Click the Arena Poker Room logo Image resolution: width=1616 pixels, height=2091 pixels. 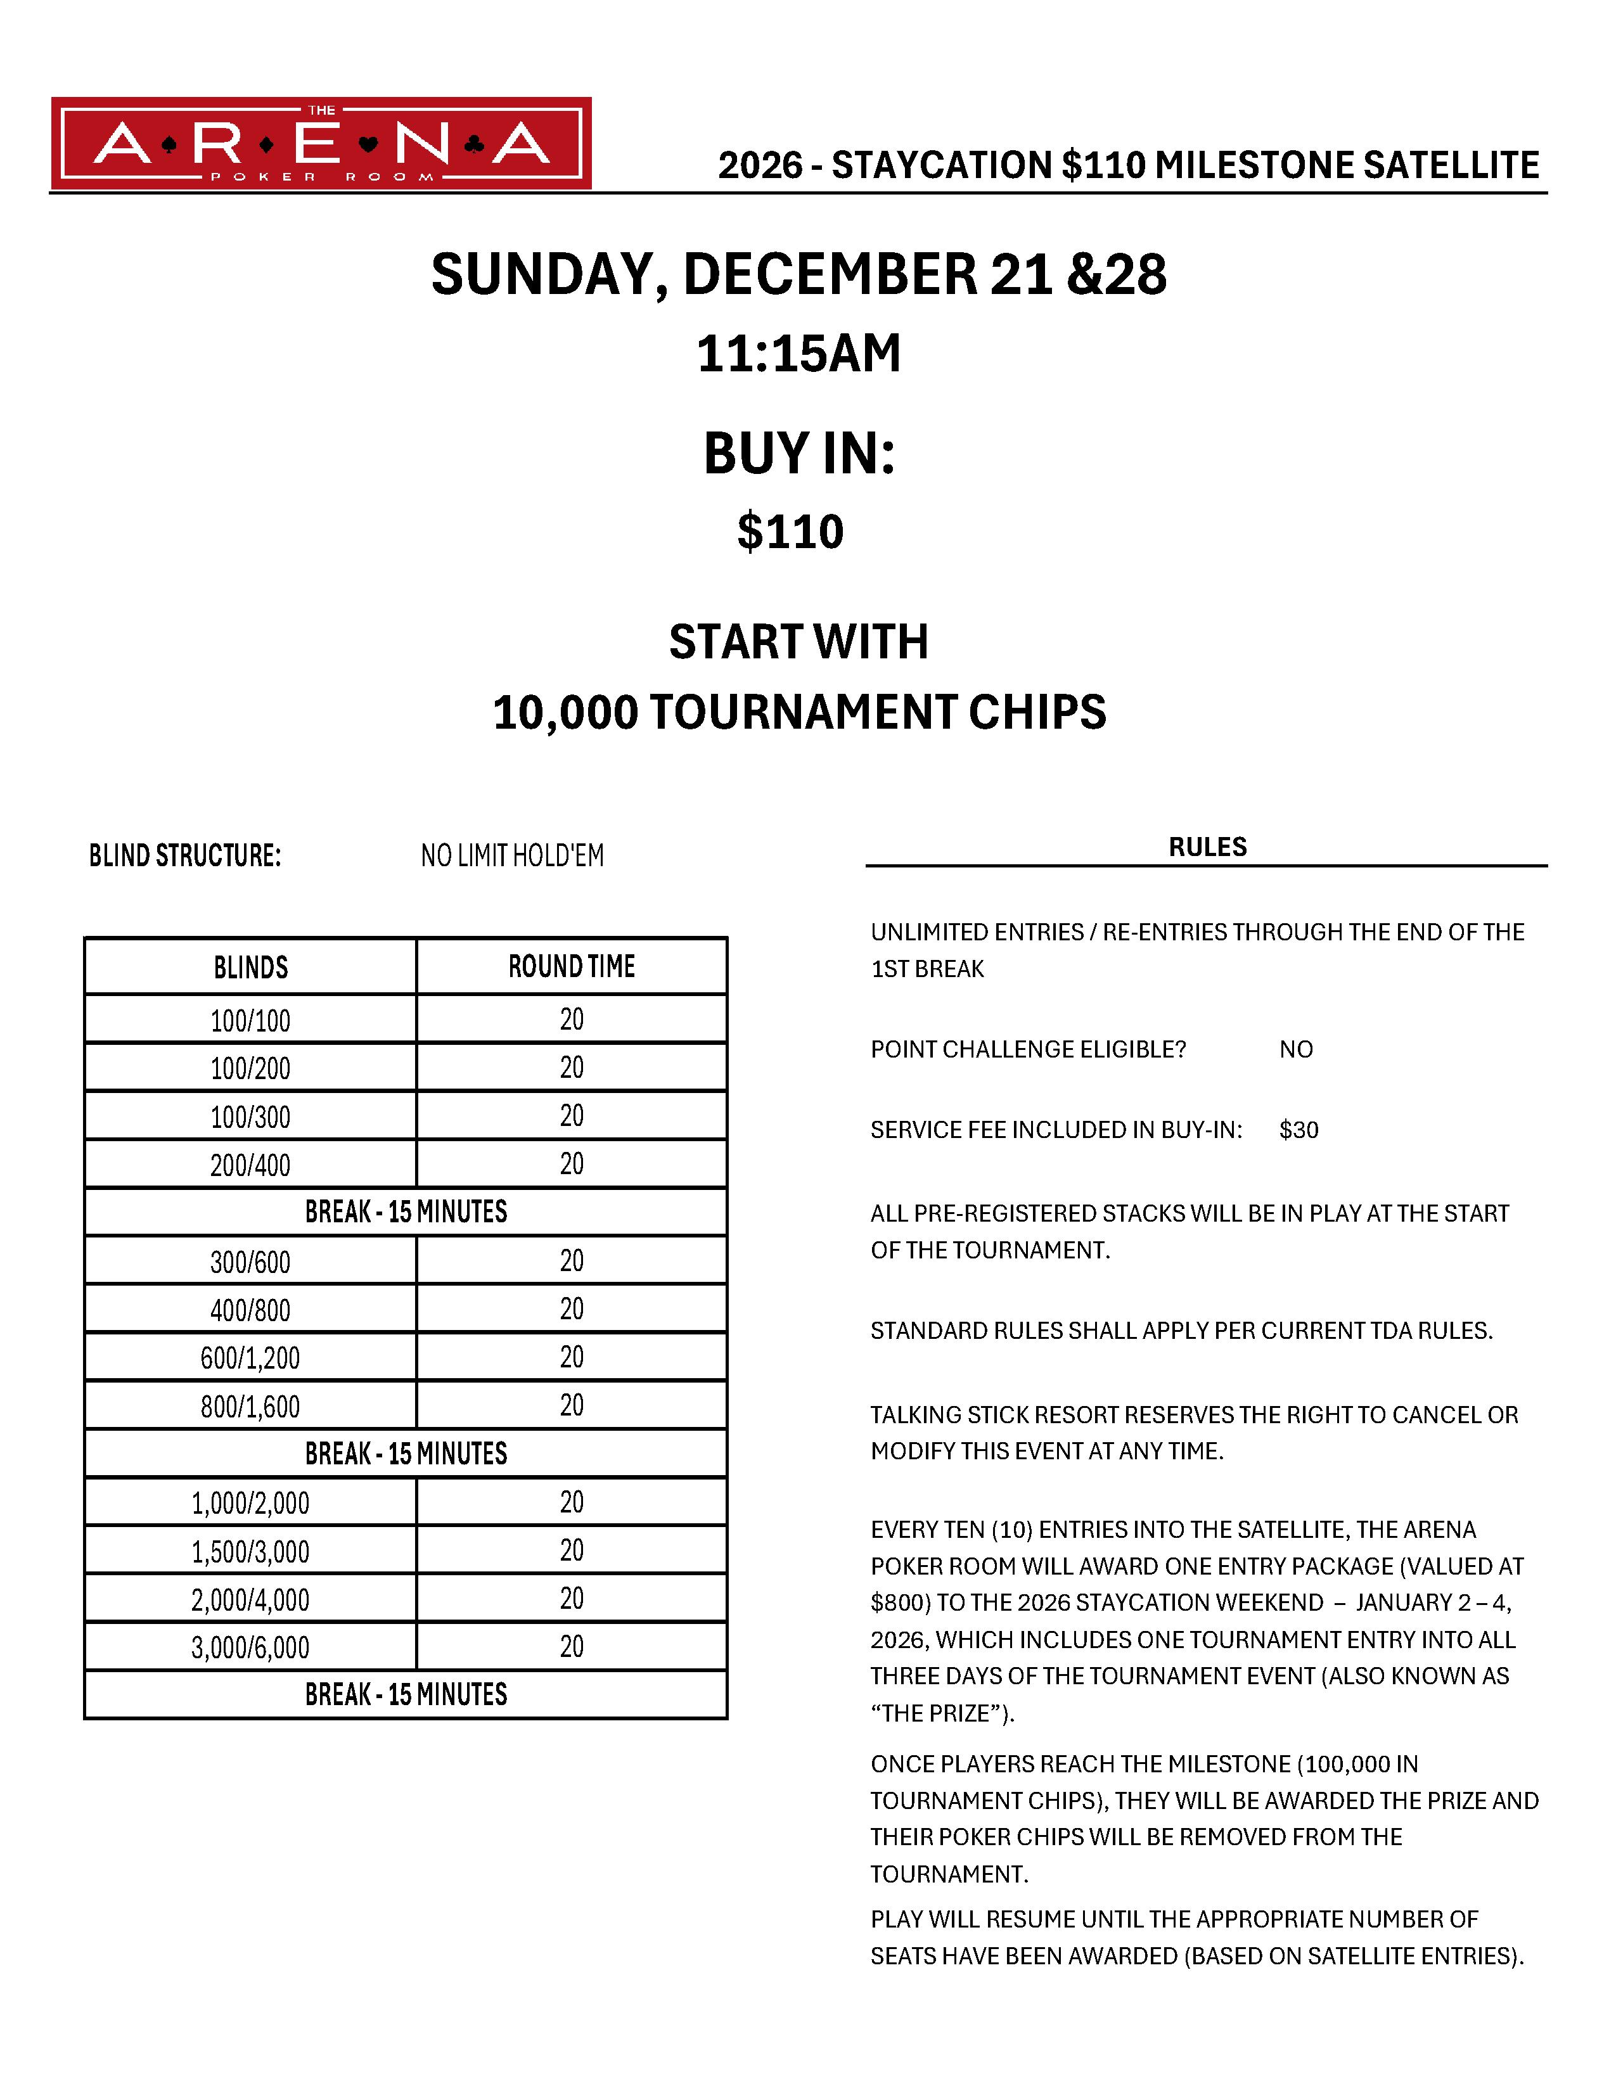click(x=321, y=144)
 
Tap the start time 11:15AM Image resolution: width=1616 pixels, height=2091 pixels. click(x=798, y=354)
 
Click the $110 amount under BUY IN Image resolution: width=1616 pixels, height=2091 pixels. click(x=790, y=532)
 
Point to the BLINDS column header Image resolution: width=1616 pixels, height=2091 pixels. click(x=251, y=967)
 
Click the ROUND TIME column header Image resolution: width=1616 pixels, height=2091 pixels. click(x=572, y=967)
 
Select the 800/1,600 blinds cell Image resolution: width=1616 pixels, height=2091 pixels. click(x=251, y=1407)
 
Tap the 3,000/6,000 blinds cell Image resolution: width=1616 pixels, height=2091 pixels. click(x=251, y=1647)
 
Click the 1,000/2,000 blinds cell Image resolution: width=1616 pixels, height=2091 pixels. click(x=251, y=1503)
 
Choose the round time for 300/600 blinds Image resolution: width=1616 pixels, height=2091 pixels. click(x=572, y=1261)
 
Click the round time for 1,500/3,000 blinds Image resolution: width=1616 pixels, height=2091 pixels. click(x=572, y=1551)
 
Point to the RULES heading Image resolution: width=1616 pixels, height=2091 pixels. click(x=1207, y=847)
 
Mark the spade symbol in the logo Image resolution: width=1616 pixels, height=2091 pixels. click(x=169, y=146)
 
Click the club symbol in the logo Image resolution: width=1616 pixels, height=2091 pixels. click(x=473, y=146)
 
